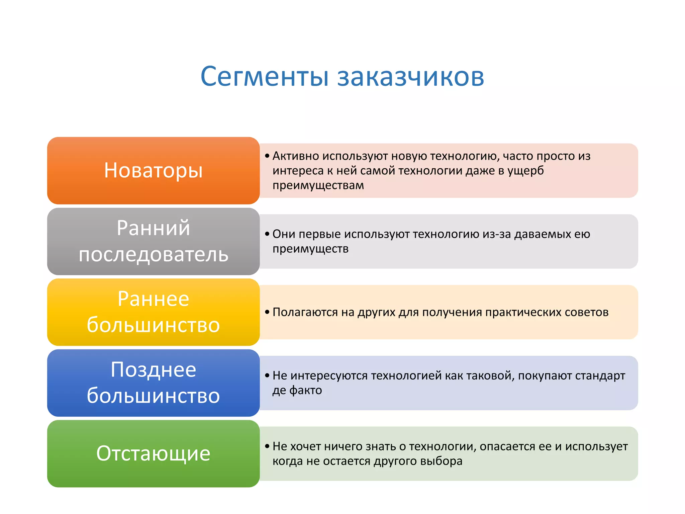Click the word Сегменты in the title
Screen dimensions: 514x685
pyautogui.click(x=265, y=77)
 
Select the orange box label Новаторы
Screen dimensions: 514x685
pyautogui.click(x=153, y=170)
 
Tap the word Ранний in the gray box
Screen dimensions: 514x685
pyautogui.click(x=153, y=228)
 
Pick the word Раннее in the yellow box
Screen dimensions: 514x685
pyautogui.click(x=153, y=299)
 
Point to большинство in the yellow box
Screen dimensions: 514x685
pyautogui.click(x=153, y=325)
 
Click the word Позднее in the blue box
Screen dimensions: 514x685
pyautogui.click(x=153, y=370)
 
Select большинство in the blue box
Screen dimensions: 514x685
pyautogui.click(x=153, y=396)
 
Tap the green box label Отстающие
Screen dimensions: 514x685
pyautogui.click(x=153, y=453)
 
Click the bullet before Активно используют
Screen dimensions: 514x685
pyautogui.click(x=267, y=156)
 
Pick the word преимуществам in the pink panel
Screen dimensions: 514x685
pyautogui.click(x=318, y=185)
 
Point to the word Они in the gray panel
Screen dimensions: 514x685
pyautogui.click(x=284, y=234)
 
